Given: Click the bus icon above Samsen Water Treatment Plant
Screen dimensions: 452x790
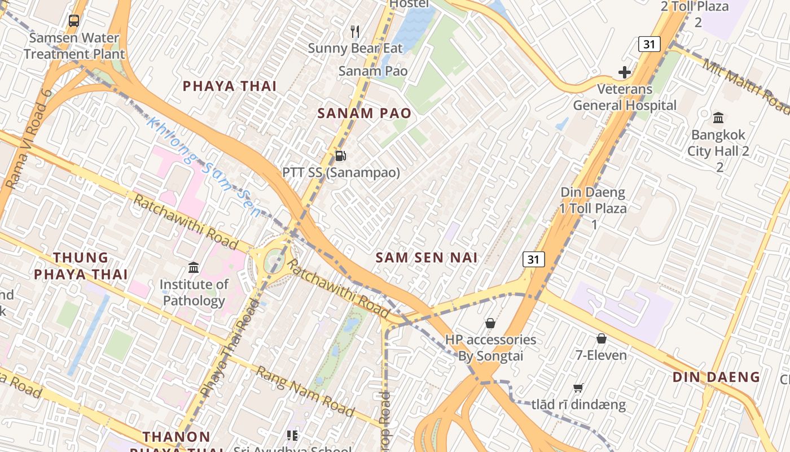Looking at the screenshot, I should click(x=73, y=21).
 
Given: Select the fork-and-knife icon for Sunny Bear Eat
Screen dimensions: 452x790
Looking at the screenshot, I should click(x=355, y=31).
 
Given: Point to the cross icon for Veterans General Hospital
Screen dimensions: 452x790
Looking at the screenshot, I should click(x=624, y=72).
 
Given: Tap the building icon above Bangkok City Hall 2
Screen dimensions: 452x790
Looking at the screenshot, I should click(x=718, y=118).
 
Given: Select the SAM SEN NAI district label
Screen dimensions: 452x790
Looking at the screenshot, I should click(x=427, y=258).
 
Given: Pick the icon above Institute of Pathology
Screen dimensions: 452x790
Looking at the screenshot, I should click(x=194, y=267).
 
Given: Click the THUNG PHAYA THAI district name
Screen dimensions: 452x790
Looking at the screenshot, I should click(x=81, y=266).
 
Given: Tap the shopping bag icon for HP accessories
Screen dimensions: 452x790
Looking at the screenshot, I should click(x=490, y=323).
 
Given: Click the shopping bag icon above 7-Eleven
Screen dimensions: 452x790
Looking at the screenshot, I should click(x=602, y=338).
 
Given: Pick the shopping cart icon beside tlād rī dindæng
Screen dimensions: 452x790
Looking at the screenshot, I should click(x=578, y=388).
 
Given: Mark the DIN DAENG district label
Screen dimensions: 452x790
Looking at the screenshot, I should click(x=716, y=377).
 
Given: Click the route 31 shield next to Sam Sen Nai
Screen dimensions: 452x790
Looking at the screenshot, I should click(x=533, y=259).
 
